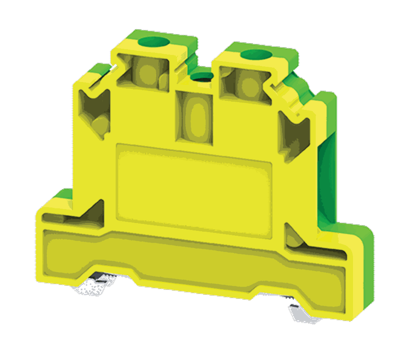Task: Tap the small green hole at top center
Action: (x=201, y=77)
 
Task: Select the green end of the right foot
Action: (x=361, y=271)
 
